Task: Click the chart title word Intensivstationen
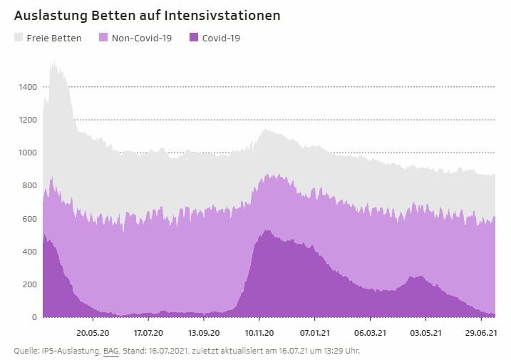click(x=229, y=15)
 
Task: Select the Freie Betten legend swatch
click(x=19, y=38)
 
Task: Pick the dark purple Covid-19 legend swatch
click(x=194, y=38)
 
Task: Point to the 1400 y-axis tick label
click(x=28, y=87)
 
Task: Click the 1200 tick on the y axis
click(x=28, y=120)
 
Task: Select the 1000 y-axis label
click(x=28, y=153)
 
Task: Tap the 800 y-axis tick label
click(x=30, y=185)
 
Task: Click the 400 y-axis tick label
click(x=30, y=252)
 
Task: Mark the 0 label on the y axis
click(x=34, y=317)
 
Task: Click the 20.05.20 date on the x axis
click(x=93, y=332)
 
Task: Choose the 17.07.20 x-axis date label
click(x=148, y=332)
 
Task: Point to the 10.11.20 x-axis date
click(x=259, y=332)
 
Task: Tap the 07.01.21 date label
click(x=314, y=332)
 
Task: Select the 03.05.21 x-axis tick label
click(x=425, y=332)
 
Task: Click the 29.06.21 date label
click(x=480, y=332)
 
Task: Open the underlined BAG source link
click(x=111, y=350)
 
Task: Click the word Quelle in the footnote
click(x=26, y=350)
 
